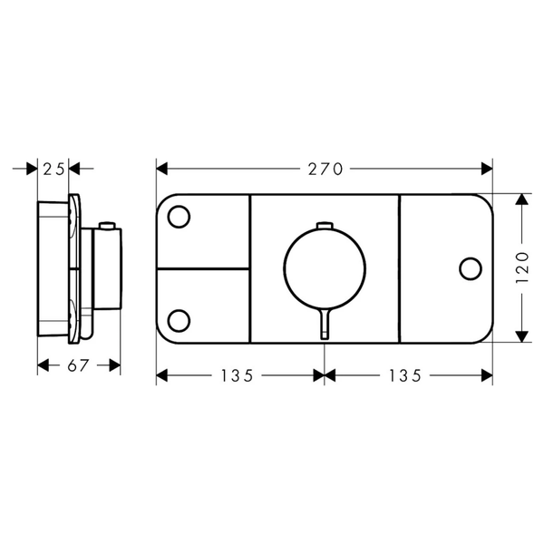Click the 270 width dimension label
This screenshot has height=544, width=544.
[x=325, y=170]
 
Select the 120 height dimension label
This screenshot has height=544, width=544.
[x=522, y=267]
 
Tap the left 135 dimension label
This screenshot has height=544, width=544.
[x=237, y=375]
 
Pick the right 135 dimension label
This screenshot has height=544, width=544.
[x=404, y=375]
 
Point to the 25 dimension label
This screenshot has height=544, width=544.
[x=53, y=170]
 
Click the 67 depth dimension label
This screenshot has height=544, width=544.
[x=78, y=365]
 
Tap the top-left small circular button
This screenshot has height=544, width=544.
[x=179, y=217]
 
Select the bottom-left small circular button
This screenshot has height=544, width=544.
[x=179, y=321]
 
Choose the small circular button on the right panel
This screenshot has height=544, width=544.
[x=471, y=268]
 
